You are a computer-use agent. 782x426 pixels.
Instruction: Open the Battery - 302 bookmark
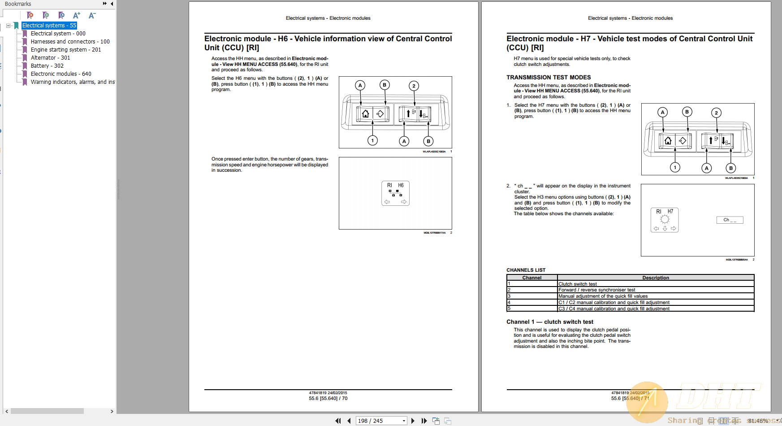coord(47,66)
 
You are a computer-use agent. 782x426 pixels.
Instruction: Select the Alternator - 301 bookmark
coord(50,58)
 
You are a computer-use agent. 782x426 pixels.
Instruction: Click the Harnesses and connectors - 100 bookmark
coord(70,42)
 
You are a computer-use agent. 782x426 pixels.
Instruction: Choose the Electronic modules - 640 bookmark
coord(61,74)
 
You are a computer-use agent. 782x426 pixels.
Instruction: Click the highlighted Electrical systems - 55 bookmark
coord(49,26)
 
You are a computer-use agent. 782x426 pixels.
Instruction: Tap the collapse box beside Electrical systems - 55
coord(8,26)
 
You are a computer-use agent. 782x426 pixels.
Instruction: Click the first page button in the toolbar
coord(338,421)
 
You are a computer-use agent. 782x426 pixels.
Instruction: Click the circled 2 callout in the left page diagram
coord(414,86)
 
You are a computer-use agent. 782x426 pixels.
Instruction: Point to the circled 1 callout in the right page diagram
coord(675,167)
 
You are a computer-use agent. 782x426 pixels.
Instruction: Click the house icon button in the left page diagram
coord(365,113)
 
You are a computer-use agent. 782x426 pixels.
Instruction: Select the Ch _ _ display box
coord(730,220)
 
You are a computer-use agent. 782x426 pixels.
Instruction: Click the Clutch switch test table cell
coord(577,284)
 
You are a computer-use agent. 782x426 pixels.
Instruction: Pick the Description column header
coord(655,278)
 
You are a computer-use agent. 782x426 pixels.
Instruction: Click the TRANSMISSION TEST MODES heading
coord(549,78)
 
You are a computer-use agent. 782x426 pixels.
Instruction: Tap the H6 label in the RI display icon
coord(401,185)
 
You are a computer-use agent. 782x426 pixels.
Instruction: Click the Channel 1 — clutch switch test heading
coord(550,322)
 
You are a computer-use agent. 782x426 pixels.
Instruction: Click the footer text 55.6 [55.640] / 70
coord(328,398)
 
